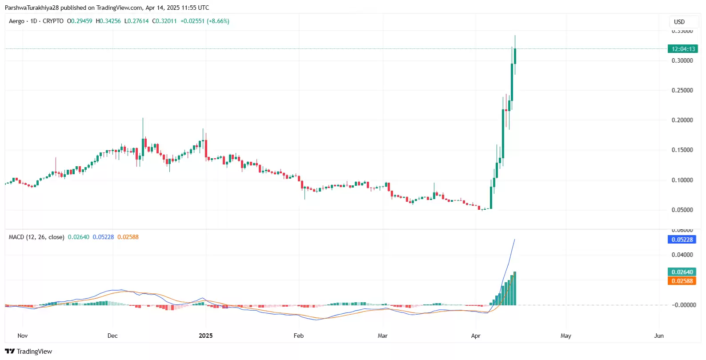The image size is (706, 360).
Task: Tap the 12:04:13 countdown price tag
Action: pos(683,49)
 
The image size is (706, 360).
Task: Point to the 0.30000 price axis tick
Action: pos(682,60)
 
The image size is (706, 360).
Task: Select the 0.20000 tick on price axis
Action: pos(682,120)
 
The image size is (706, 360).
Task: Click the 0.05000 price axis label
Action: pos(682,210)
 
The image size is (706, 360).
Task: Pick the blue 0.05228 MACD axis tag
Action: pos(682,240)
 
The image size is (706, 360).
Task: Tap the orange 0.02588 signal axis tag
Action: pos(682,281)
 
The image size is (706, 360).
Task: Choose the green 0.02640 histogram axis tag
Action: pos(682,272)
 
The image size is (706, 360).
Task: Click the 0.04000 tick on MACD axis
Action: pos(682,255)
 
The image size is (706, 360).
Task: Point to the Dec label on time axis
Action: pos(112,336)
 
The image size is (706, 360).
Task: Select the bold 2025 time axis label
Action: pos(205,336)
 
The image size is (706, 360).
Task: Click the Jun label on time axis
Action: pos(659,336)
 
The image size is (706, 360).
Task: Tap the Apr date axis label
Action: pos(476,336)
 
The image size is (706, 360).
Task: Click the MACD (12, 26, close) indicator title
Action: pos(36,237)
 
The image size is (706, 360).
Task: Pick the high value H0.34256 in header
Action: pos(108,21)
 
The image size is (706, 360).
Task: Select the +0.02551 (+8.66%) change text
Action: pos(205,21)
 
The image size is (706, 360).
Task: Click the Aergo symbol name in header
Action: pos(16,21)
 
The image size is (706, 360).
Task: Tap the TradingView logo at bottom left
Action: pos(28,352)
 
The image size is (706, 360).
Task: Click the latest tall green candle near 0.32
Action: pos(515,56)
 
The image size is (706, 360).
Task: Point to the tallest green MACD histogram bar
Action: pos(515,289)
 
